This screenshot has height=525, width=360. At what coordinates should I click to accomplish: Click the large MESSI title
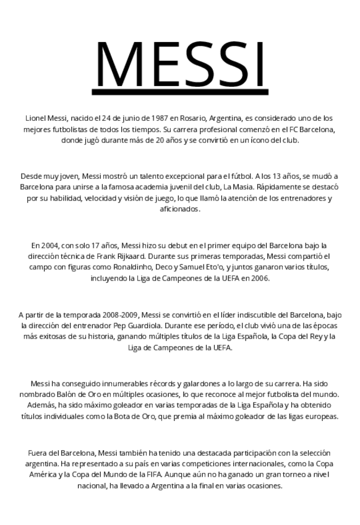pos(181,66)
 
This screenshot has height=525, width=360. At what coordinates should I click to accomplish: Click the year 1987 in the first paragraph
pos(159,118)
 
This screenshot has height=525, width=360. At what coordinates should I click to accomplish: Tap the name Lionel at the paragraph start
pos(36,118)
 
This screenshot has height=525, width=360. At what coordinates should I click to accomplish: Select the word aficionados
pos(180,209)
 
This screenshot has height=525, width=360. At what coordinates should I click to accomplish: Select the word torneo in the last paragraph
pos(269,475)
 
